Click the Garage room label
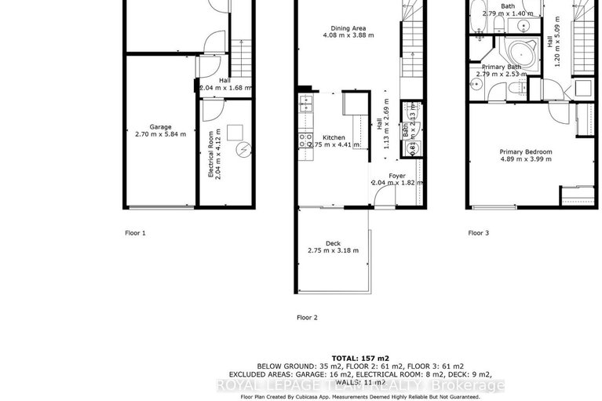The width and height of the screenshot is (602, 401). pyautogui.click(x=160, y=126)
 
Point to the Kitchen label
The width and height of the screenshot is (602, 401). pyautogui.click(x=333, y=137)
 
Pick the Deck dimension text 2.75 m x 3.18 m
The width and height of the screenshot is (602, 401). pyautogui.click(x=333, y=251)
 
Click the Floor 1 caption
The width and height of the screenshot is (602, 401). pyautogui.click(x=136, y=233)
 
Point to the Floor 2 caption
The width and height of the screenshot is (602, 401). pyautogui.click(x=307, y=318)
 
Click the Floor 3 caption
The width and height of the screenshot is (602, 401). pyautogui.click(x=478, y=233)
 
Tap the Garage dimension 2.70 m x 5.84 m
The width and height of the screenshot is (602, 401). pyautogui.click(x=160, y=134)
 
